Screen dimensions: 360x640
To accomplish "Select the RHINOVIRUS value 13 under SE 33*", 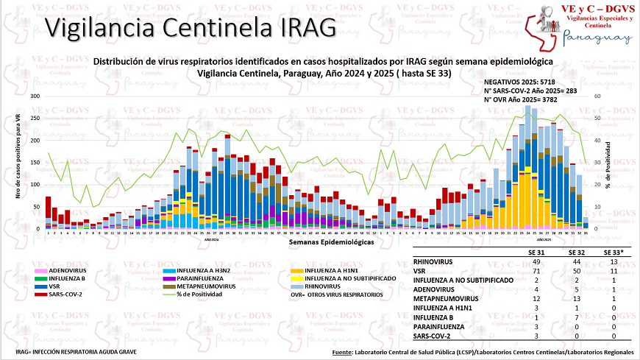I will point(613,261).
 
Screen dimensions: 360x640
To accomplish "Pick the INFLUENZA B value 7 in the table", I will point(577,318).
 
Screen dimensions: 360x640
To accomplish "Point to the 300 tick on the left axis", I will point(35,96).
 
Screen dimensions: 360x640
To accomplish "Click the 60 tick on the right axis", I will point(597,96).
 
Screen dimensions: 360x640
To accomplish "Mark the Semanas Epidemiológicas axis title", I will point(330,241).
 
